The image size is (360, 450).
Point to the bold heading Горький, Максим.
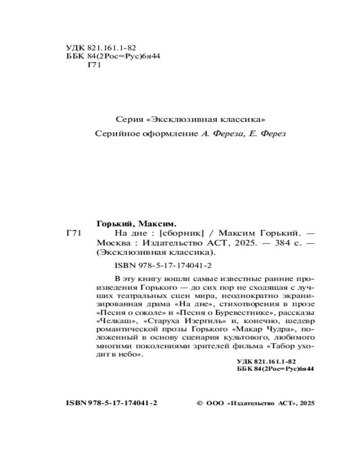[136, 223]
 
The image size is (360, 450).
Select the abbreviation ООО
[216, 403]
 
